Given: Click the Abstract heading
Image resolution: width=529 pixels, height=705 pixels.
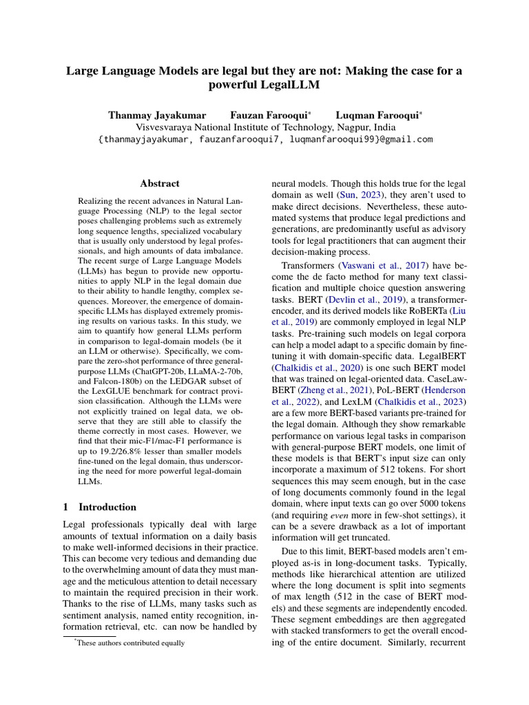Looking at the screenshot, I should click(160, 184).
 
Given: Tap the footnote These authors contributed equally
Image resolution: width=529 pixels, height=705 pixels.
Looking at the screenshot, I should click(131, 643).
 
